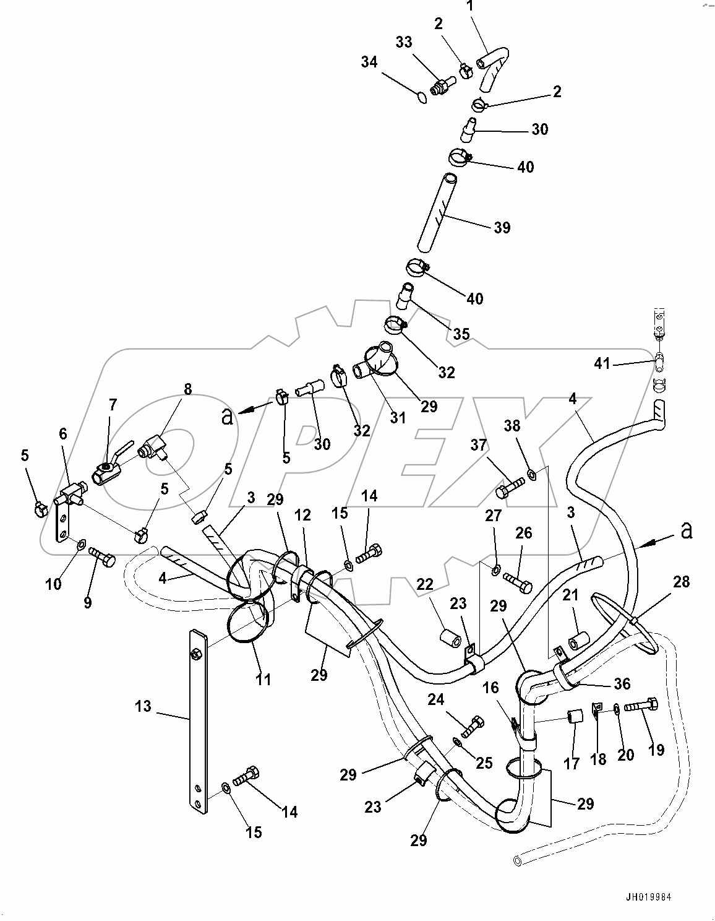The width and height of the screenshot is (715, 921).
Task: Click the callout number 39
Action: pyautogui.click(x=502, y=228)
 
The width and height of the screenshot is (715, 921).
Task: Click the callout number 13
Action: pyautogui.click(x=143, y=706)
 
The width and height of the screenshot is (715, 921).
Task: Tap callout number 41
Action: pyautogui.click(x=602, y=363)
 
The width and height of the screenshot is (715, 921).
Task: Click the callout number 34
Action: pyautogui.click(x=369, y=62)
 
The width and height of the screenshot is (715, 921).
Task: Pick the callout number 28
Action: pyautogui.click(x=681, y=582)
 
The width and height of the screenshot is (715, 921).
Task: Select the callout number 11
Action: pyautogui.click(x=263, y=680)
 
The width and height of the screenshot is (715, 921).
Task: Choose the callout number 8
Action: pyautogui.click(x=187, y=389)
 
